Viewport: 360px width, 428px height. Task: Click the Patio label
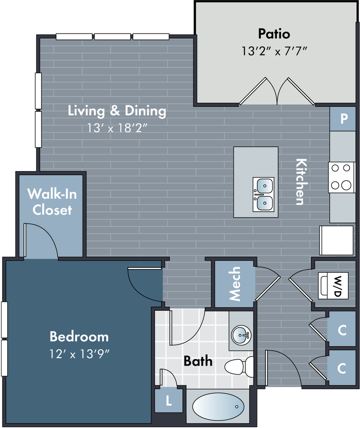274,33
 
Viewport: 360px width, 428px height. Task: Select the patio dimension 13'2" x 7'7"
274,51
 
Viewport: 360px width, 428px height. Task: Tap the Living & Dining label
117,111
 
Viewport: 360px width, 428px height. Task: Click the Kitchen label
300,181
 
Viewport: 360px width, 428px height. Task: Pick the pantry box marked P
343,118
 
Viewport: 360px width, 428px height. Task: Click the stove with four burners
341,177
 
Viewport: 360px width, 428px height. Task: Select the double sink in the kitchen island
263,194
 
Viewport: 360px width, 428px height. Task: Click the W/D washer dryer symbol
333,286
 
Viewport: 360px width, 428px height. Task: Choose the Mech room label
235,284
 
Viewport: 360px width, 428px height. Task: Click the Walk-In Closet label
52,202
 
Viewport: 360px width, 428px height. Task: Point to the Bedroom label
79,336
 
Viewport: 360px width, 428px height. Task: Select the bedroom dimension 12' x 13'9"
79,354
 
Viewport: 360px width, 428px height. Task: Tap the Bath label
198,361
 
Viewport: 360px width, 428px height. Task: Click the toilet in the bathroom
239,367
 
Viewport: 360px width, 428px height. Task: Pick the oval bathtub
218,406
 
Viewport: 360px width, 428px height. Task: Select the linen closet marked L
169,401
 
